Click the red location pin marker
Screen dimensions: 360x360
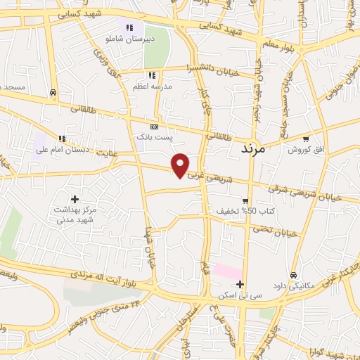click(181, 165)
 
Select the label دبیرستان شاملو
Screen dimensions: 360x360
click(128, 40)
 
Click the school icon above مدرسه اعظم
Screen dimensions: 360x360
click(150, 75)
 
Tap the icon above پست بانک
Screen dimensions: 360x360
click(155, 124)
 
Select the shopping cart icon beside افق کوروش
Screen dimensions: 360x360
click(305, 138)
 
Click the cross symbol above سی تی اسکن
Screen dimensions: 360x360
click(240, 285)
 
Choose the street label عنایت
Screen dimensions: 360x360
click(108, 153)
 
